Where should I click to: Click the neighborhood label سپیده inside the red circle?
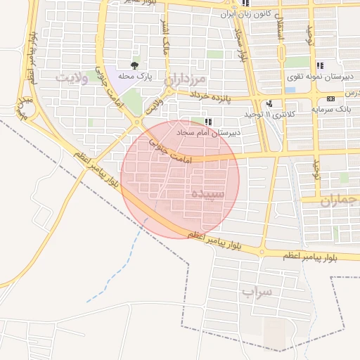(207, 193)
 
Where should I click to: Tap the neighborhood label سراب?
(257, 290)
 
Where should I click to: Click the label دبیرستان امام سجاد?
(208, 132)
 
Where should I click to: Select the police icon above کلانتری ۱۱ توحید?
(269, 103)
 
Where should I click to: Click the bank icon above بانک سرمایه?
(330, 98)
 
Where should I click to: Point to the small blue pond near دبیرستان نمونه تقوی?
(290, 90)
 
